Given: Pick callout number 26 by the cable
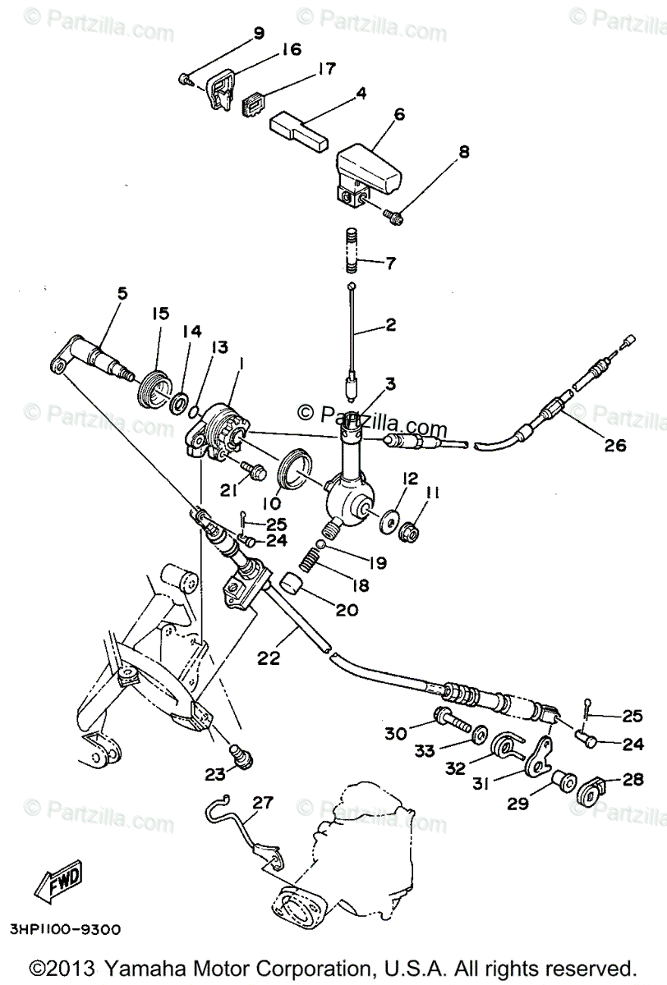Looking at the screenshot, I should pyautogui.click(x=614, y=446).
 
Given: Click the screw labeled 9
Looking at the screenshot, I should pyautogui.click(x=184, y=80).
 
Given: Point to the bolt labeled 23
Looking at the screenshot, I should pyautogui.click(x=240, y=754).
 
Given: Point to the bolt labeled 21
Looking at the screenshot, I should pyautogui.click(x=251, y=471).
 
